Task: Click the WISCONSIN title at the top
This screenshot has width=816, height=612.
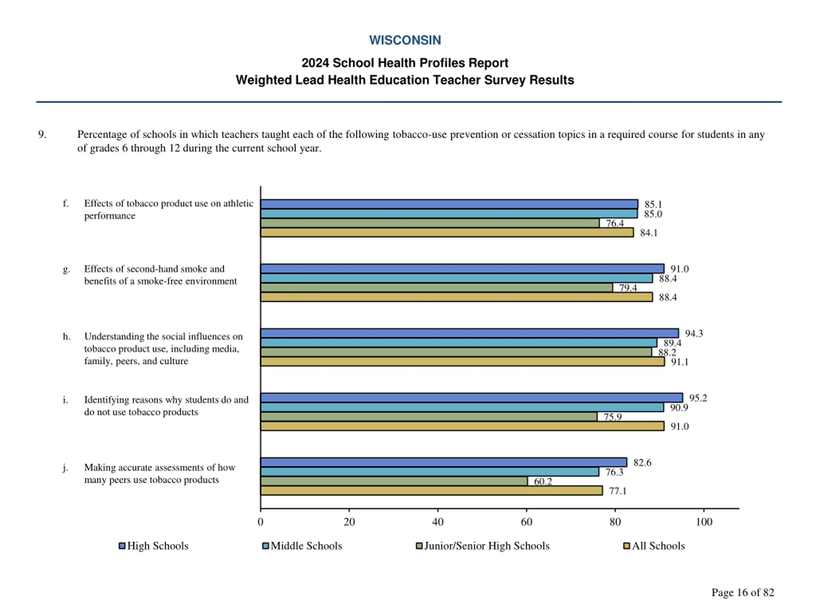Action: (405, 40)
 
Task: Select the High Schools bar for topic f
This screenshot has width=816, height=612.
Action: (449, 204)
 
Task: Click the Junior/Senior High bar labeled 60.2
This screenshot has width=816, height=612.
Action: (394, 481)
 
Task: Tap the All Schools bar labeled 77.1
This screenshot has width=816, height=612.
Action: (431, 491)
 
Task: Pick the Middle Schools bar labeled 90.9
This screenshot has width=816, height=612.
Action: (462, 407)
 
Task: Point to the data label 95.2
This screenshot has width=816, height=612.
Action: (698, 398)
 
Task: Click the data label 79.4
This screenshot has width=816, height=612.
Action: (628, 288)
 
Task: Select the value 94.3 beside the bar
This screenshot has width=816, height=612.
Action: (694, 333)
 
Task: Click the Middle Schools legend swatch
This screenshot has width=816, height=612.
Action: (265, 546)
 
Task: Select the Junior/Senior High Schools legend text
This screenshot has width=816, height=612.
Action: (487, 546)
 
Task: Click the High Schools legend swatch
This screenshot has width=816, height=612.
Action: (122, 546)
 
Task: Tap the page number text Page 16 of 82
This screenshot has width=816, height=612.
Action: (743, 593)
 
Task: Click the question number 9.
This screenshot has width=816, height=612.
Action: (42, 134)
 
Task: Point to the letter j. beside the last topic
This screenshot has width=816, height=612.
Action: (65, 468)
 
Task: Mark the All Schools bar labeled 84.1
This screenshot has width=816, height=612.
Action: (447, 232)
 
